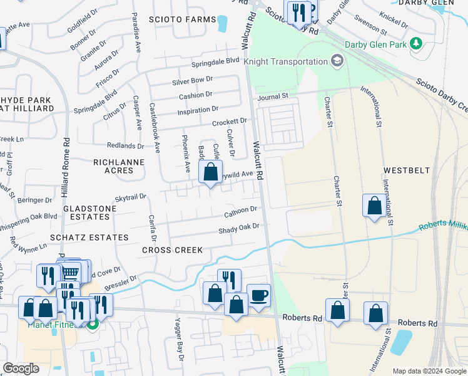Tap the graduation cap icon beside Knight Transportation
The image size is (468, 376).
pos(338,61)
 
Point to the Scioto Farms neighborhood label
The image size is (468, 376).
pos(182,19)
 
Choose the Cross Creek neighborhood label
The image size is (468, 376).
pos(172,250)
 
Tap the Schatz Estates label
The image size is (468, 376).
pos(96,238)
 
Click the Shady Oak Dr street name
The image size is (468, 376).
pos(238,229)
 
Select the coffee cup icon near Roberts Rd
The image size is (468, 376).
pos(258,295)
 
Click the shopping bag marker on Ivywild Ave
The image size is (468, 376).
pos(211,172)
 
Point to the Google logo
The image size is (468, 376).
pos(21,368)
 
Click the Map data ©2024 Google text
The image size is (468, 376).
pos(429,370)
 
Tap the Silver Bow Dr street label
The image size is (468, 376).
pos(193,81)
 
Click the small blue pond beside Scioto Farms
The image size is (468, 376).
pos(222,24)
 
